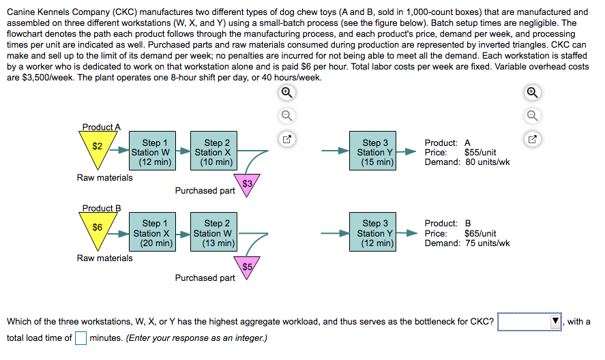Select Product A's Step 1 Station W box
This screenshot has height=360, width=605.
[x=151, y=153]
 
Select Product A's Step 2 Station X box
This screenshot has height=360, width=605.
[x=213, y=153]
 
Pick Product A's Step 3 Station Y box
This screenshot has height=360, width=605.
[x=375, y=153]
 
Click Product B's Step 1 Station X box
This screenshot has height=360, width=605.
[x=151, y=233]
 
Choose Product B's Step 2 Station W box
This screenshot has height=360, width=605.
[x=213, y=233]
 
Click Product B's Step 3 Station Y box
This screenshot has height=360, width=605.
[x=375, y=233]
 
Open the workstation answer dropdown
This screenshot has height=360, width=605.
[x=530, y=322]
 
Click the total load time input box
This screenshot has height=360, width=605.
[x=81, y=337]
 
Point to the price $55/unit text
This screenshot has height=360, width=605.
[x=480, y=153]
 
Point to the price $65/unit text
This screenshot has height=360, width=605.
[x=480, y=233]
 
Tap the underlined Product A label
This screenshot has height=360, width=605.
[x=101, y=127]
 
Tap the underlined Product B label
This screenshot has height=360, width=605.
[x=101, y=208]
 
